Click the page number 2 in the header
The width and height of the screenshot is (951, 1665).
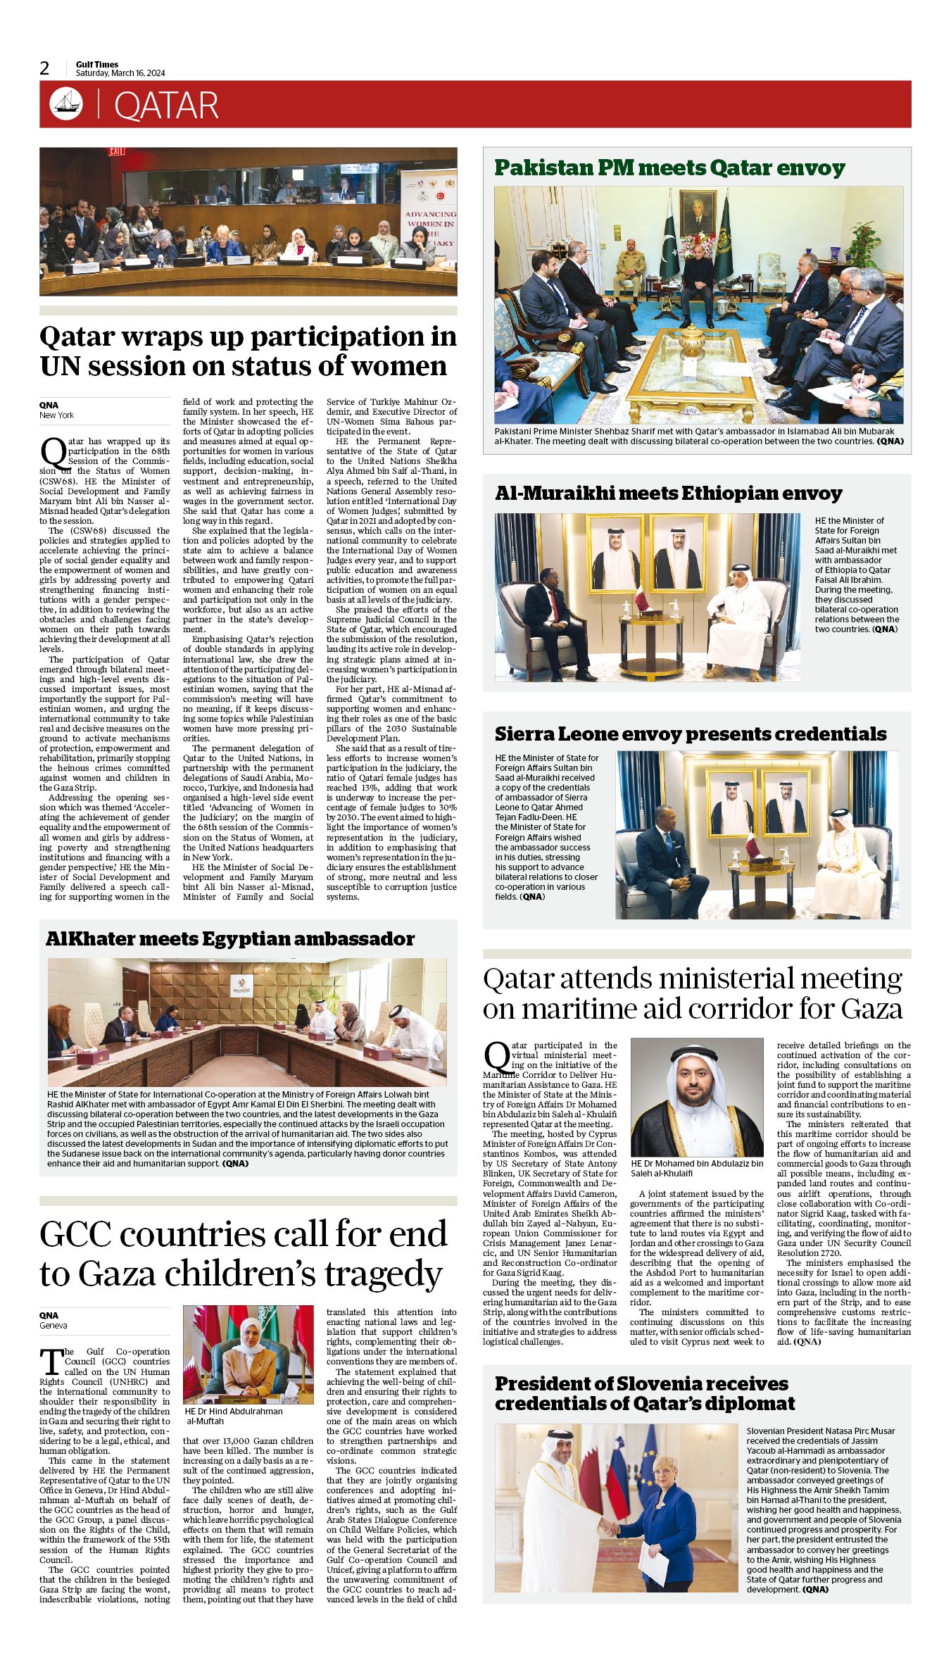tap(45, 68)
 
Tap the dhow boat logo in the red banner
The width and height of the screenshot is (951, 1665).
tap(65, 104)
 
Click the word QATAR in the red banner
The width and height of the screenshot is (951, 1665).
tap(166, 106)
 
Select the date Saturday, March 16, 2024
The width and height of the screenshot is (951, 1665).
tap(120, 73)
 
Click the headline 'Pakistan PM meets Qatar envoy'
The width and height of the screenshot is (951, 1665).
tap(669, 168)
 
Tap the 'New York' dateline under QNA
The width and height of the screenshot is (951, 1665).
tap(56, 415)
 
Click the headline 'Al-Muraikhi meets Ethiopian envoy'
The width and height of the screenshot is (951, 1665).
tap(668, 494)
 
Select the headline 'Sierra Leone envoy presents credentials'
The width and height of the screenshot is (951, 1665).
tap(690, 734)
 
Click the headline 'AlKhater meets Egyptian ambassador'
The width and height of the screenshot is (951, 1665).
tap(229, 939)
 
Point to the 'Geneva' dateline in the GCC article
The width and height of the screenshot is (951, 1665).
tap(53, 1326)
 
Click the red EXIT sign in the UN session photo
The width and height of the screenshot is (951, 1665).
tap(116, 151)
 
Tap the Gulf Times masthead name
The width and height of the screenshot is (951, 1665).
tap(97, 65)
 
